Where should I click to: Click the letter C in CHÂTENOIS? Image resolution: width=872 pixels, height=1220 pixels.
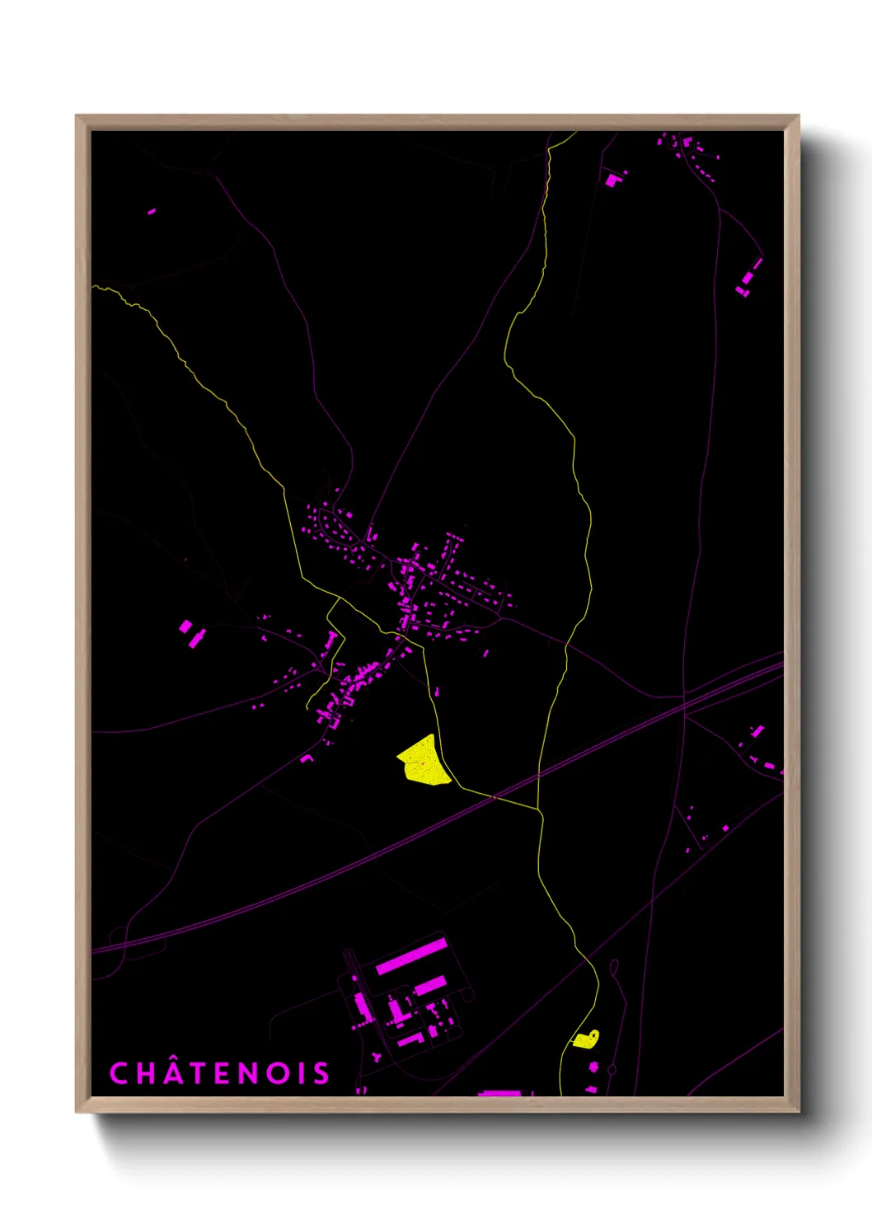click(119, 1073)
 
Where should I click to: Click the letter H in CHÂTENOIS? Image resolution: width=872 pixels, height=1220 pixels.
click(144, 1073)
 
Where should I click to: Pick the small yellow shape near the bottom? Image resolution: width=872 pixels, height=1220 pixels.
click(586, 1039)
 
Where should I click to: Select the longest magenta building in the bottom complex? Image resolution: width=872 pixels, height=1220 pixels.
click(411, 956)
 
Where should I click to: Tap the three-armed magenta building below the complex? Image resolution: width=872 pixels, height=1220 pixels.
click(377, 1056)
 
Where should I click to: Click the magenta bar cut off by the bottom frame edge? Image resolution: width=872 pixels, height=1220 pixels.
click(499, 1093)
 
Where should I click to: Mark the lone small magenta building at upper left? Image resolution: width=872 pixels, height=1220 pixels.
click(152, 211)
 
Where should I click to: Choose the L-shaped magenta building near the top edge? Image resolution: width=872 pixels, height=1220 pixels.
click(612, 180)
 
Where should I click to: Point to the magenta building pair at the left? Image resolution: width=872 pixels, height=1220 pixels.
click(191, 633)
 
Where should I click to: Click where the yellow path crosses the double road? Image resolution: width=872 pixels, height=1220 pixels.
click(538, 776)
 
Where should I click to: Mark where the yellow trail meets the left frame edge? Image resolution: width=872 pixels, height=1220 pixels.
click(94, 287)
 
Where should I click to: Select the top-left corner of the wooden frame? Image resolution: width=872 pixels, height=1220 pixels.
click(77, 116)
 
